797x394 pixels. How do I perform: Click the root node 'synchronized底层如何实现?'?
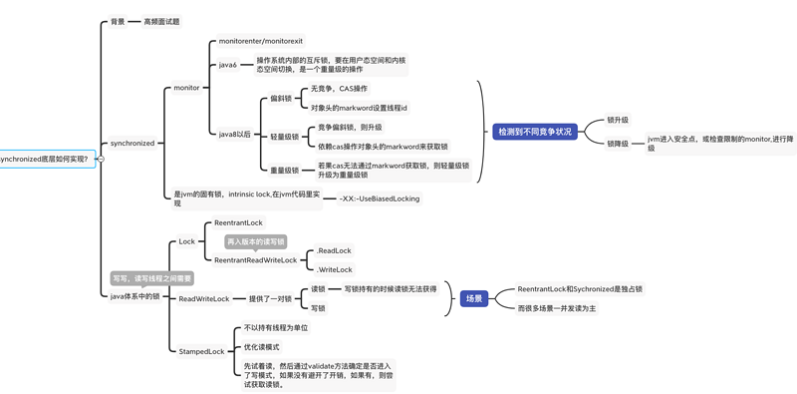46,159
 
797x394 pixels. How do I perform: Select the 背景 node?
118,21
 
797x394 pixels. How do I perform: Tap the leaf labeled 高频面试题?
162,21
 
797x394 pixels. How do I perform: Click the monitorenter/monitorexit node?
260,41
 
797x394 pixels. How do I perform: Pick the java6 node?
228,65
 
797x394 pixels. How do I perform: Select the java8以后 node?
235,134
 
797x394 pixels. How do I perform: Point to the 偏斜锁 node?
281,99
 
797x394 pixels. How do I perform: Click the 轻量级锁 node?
284,137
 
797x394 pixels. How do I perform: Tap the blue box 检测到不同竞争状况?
535,132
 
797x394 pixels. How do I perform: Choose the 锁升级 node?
618,120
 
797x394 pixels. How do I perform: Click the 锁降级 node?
618,144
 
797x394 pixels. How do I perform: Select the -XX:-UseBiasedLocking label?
380,198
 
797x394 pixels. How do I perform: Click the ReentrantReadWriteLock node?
255,260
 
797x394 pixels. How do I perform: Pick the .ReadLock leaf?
334,250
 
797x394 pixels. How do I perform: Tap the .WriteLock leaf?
335,269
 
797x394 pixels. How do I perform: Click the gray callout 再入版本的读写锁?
255,241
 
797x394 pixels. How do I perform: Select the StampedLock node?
201,351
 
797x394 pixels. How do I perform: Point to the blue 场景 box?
473,298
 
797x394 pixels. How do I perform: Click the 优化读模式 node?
262,347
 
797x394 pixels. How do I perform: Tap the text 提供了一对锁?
270,298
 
